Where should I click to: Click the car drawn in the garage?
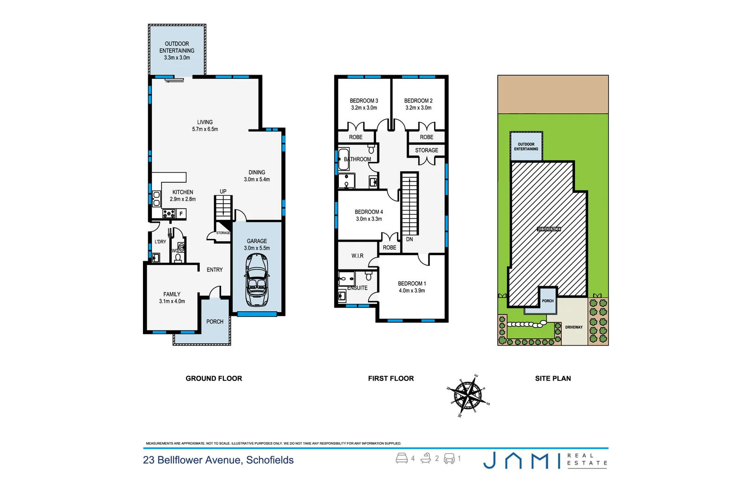coord(257,280)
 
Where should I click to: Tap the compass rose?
coord(468,396)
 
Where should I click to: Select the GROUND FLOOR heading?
coord(214,379)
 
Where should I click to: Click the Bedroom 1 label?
coord(412,287)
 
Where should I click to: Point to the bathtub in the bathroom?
coord(344,159)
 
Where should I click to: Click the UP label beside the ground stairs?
coord(223,191)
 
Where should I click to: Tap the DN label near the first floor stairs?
coord(409,239)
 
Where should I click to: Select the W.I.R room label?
coord(357,256)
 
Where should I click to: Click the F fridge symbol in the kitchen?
coord(181,214)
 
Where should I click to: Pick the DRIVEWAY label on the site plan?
coord(574,327)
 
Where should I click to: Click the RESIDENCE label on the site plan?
coord(549,229)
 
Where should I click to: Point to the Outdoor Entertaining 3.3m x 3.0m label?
coord(177,51)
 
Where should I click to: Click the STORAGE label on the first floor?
coord(426,150)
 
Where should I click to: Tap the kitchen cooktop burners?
coord(169,214)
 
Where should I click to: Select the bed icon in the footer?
coord(402,458)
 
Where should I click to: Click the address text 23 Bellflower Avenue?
coord(218,460)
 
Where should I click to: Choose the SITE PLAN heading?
coord(553,379)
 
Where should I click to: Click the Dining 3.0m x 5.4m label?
coord(257,176)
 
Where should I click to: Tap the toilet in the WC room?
coord(178,257)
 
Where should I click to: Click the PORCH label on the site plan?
coord(548,301)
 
